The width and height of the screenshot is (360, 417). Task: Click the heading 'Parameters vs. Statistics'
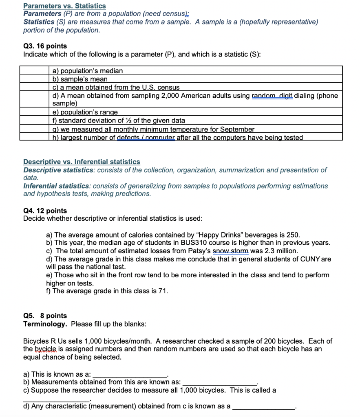pyautogui.click(x=64, y=6)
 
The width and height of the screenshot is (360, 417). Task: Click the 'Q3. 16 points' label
pyautogui.click(x=45, y=46)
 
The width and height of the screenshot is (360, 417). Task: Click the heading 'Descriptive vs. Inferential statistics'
pyautogui.click(x=82, y=162)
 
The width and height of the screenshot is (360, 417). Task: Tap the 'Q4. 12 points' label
pyautogui.click(x=45, y=211)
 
